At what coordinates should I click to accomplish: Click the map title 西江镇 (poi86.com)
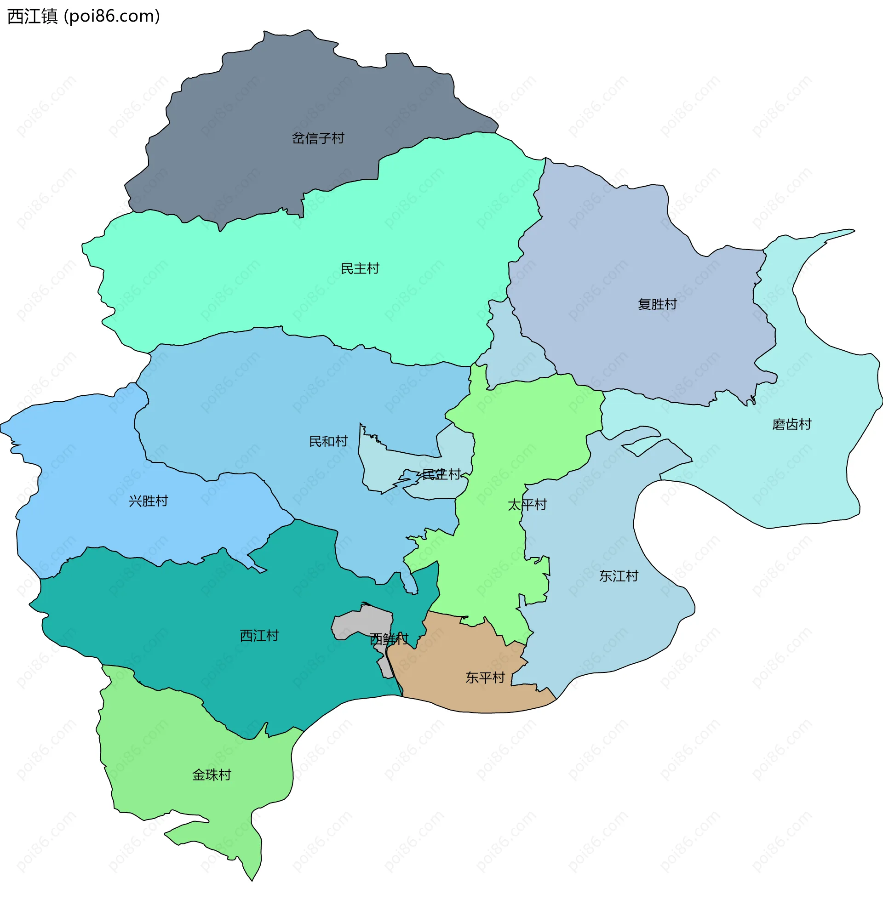coord(84,16)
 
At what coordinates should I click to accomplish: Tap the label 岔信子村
coord(318,138)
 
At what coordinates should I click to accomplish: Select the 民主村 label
coord(360,268)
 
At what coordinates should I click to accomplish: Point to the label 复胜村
coord(657,304)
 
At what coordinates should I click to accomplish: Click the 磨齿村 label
coord(791,424)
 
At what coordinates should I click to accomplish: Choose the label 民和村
coord(328,441)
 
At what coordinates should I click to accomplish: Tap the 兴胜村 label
coord(149,501)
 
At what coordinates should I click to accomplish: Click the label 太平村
coord(527,505)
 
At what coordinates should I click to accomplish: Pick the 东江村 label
coord(619,576)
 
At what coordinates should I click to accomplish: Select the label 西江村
coord(259,636)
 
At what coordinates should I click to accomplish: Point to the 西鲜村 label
coord(389,639)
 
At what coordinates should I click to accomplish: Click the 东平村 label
coord(485,678)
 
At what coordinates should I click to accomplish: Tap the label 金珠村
coord(212,775)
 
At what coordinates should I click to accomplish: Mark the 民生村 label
coord(441,474)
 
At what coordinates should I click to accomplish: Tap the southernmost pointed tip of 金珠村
coord(252,879)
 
